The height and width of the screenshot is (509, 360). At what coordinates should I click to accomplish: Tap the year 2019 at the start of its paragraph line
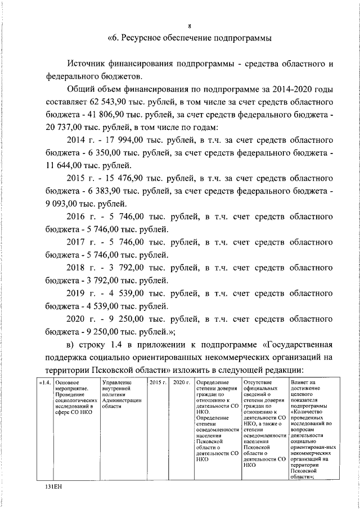[77, 294]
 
